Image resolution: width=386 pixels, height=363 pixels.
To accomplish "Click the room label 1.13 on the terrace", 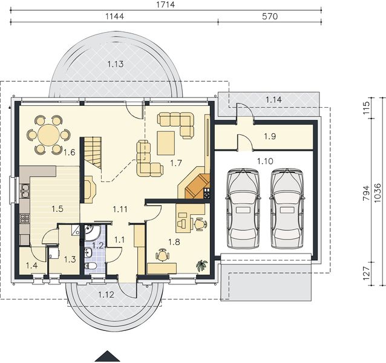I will pyautogui.click(x=116, y=64).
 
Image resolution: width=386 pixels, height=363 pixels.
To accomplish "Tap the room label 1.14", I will pyautogui.click(x=273, y=98).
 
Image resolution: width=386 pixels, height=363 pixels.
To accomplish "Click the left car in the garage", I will pyautogui.click(x=243, y=208).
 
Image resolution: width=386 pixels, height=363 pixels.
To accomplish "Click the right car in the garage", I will pyautogui.click(x=287, y=208).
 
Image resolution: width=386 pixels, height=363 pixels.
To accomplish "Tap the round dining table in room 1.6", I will pyautogui.click(x=48, y=134).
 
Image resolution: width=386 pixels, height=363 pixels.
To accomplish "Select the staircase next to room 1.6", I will pyautogui.click(x=93, y=152).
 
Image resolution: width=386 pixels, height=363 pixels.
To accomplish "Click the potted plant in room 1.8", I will pyautogui.click(x=201, y=264).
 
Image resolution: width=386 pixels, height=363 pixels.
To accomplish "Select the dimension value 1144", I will pyautogui.click(x=113, y=16).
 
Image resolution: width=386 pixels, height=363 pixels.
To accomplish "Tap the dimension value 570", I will pyautogui.click(x=270, y=16).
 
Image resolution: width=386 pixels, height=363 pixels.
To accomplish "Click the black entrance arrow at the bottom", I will pyautogui.click(x=108, y=356).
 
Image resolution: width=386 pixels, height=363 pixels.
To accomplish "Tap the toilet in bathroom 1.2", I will pyautogui.click(x=91, y=265).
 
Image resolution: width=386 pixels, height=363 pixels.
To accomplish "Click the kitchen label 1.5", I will pyautogui.click(x=57, y=209).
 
